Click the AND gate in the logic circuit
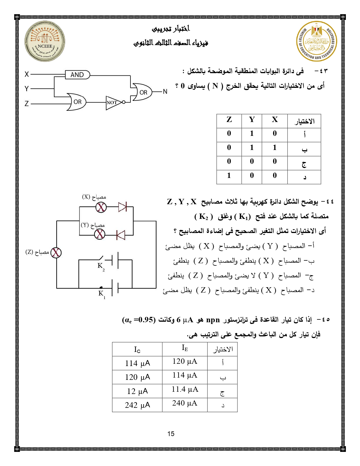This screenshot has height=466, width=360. [x=77, y=75]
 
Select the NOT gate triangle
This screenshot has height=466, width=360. [x=113, y=103]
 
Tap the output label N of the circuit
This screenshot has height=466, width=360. [x=165, y=92]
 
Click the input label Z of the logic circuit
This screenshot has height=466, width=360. [x=27, y=104]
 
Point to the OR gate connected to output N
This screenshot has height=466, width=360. [x=143, y=92]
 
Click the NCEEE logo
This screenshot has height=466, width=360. [x=45, y=42]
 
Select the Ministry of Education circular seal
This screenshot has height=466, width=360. [x=317, y=41]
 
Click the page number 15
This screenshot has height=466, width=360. [x=171, y=434]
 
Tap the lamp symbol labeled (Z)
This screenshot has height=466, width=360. [x=56, y=252]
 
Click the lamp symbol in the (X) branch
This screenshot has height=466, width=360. [x=101, y=207]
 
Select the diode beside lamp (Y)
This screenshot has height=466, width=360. [x=121, y=234]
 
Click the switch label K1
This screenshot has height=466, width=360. [x=101, y=294]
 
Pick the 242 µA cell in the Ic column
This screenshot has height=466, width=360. [x=137, y=405]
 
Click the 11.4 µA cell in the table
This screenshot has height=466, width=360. [x=185, y=389]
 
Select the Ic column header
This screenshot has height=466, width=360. [x=137, y=350]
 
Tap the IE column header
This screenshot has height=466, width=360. [x=185, y=348]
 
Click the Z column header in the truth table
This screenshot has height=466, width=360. [x=229, y=120]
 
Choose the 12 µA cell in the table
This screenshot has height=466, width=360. [x=137, y=391]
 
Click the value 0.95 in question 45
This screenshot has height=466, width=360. [x=146, y=320]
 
